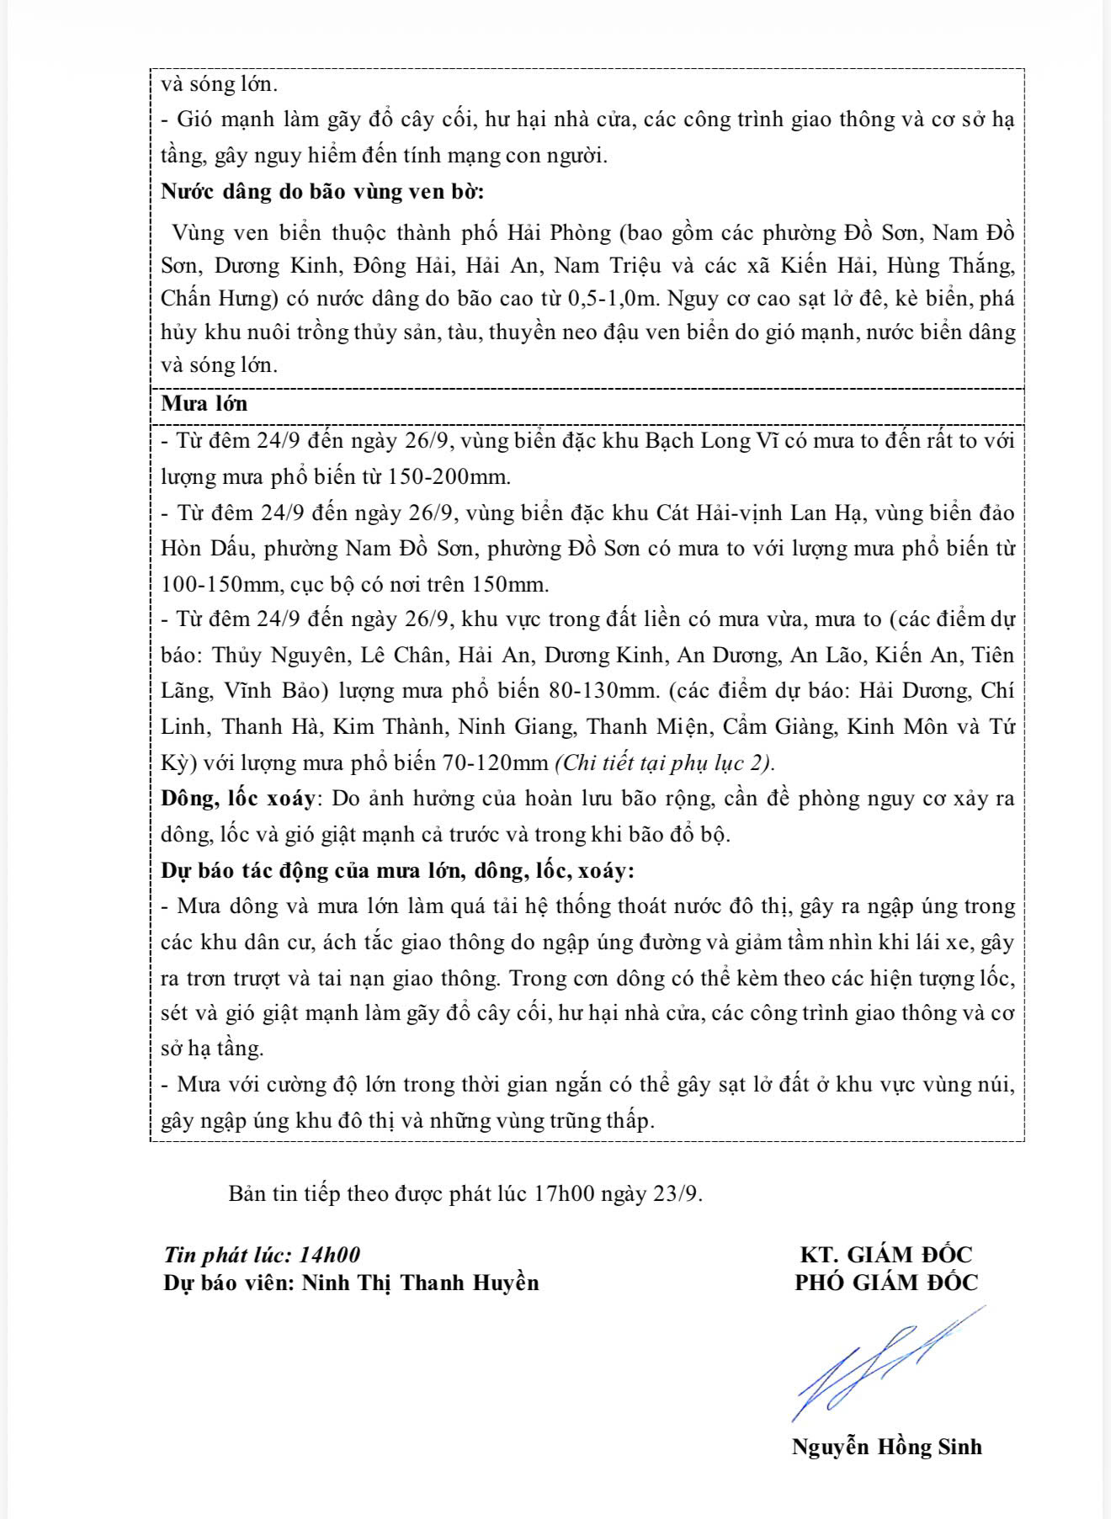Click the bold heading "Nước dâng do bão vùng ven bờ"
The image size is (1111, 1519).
322,191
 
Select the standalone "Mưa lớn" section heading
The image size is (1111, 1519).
205,403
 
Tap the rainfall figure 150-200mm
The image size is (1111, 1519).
449,477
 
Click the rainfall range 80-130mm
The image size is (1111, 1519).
602,691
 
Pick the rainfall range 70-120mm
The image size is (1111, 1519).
494,763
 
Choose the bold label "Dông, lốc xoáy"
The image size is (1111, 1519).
238,798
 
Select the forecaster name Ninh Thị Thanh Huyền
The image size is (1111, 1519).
420,1283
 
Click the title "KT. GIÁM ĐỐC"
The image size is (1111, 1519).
885,1255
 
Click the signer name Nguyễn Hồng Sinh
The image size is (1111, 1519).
886,1447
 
